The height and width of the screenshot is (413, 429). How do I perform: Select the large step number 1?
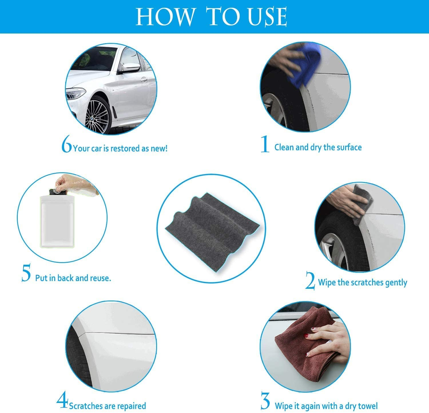tap(265, 145)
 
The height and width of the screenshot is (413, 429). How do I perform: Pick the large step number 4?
tap(62, 401)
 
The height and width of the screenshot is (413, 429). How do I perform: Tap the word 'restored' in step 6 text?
tap(125, 149)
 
